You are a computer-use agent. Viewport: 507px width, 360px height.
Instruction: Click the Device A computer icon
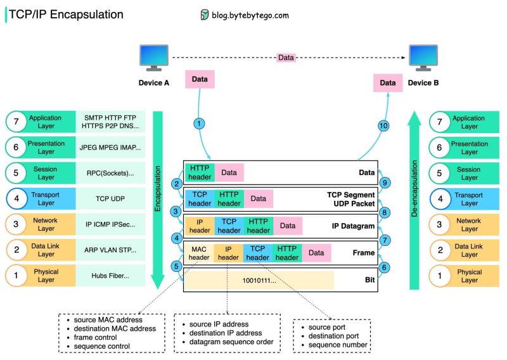(x=153, y=58)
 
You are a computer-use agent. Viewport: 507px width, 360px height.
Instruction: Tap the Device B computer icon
(x=423, y=58)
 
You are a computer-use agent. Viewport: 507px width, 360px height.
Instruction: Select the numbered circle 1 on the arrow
(x=200, y=124)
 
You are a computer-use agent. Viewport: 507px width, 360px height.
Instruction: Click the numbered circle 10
(x=383, y=126)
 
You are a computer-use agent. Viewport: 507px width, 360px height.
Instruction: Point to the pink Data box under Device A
(x=199, y=80)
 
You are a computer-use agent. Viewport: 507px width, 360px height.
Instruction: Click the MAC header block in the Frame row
(x=199, y=253)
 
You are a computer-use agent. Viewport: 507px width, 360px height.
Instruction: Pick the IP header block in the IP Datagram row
(x=199, y=225)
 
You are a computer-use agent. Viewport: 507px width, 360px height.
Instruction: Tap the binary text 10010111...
(x=259, y=280)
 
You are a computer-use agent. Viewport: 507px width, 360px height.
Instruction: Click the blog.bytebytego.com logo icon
(x=204, y=15)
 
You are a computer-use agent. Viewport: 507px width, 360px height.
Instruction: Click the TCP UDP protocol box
(x=110, y=199)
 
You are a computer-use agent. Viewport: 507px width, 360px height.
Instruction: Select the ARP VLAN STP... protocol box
(x=110, y=250)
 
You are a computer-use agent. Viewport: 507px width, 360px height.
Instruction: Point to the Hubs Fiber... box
(x=110, y=276)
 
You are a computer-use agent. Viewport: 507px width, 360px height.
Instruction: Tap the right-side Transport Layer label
(x=470, y=199)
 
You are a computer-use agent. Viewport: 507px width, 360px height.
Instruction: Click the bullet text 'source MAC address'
(x=108, y=319)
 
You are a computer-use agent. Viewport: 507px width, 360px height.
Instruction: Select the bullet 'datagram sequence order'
(x=231, y=342)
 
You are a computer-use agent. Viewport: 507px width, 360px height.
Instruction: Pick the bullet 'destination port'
(x=333, y=336)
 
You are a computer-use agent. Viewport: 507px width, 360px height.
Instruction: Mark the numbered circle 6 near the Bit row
(x=383, y=267)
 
